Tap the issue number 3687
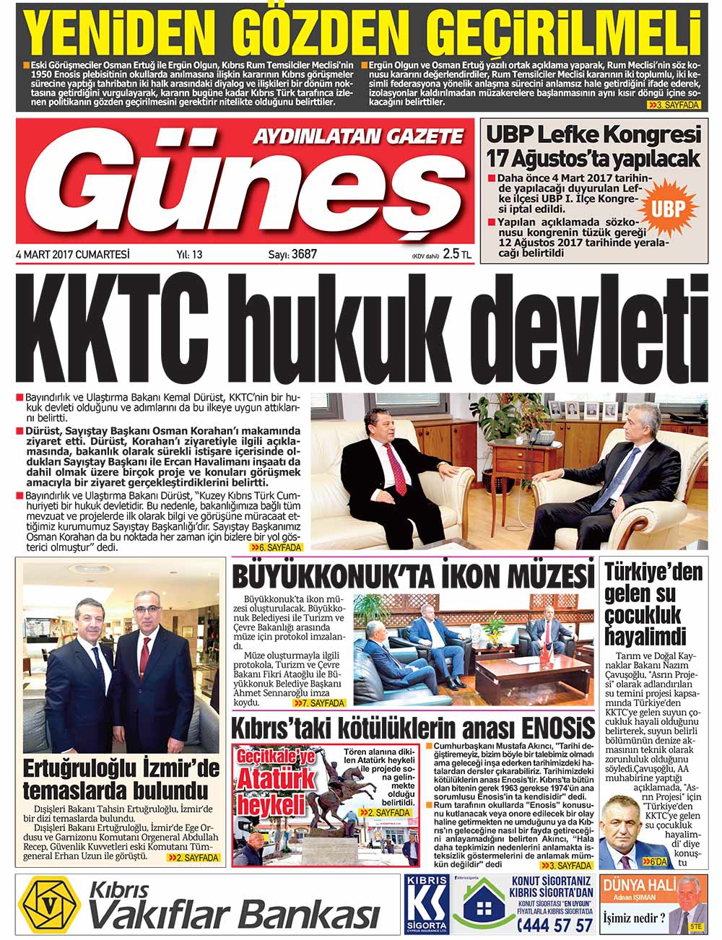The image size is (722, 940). pos(304,254)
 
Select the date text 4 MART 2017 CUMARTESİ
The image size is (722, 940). pos(72,254)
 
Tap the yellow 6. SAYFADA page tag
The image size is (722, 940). pos(277,548)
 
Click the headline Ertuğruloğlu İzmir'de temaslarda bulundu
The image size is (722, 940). pos(121,778)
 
